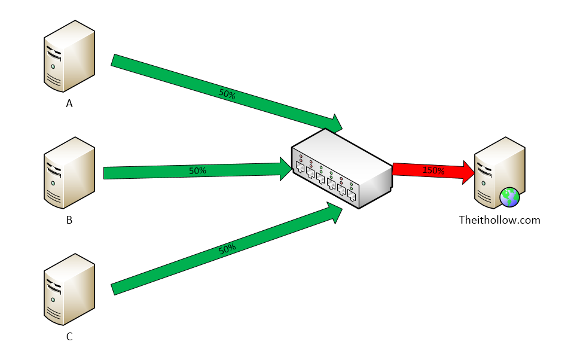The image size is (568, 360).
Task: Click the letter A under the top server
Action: (69, 103)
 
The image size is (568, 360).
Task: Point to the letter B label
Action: (69, 220)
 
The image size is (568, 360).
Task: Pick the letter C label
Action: (69, 337)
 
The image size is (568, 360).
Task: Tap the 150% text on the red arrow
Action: (433, 170)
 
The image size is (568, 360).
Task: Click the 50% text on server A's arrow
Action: (227, 93)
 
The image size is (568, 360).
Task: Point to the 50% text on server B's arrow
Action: (197, 170)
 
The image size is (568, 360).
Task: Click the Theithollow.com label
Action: (499, 220)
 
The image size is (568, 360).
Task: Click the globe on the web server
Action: (510, 197)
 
